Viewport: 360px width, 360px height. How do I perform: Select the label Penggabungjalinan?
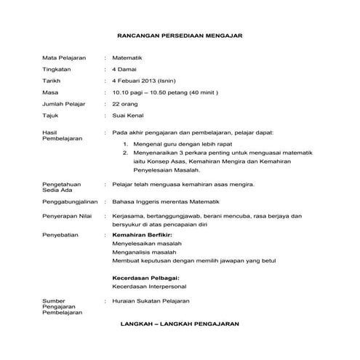click(69, 200)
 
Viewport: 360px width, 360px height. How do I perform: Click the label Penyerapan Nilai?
click(68, 217)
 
